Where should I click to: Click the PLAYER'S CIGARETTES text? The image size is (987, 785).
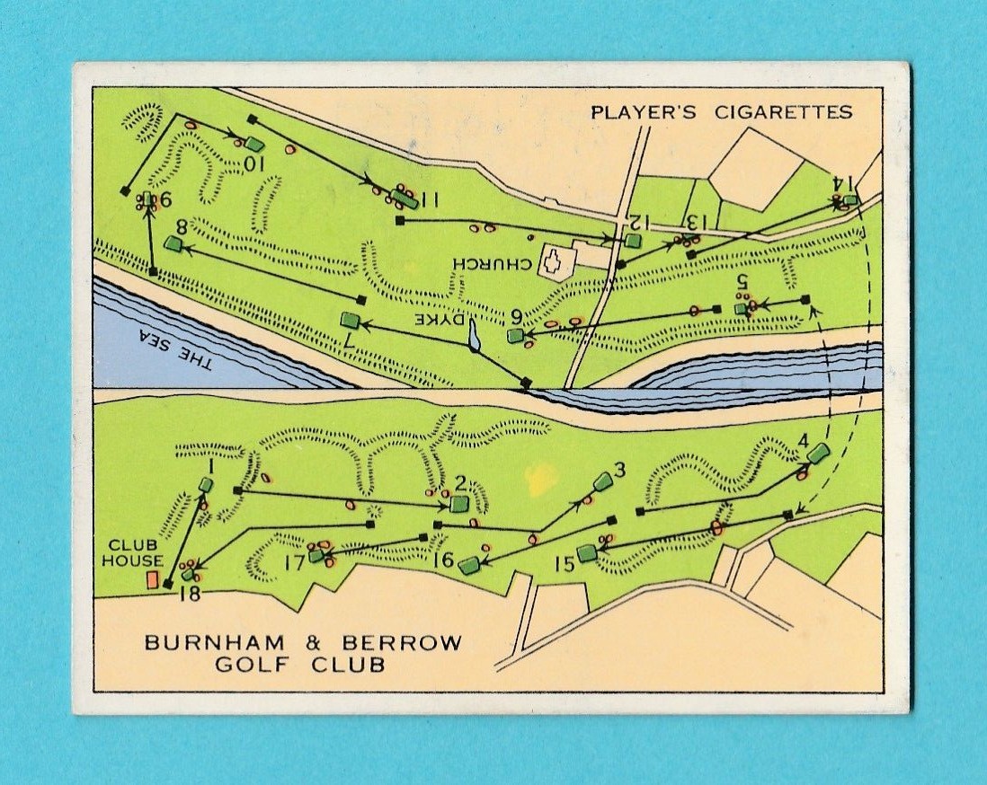coord(721,112)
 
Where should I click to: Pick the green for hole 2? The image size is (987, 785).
coord(459,504)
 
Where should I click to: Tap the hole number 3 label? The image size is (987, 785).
coord(618,470)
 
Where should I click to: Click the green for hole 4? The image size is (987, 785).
coord(817,453)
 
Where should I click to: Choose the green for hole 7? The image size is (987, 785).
coord(351,320)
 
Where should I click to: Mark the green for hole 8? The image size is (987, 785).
coord(173,243)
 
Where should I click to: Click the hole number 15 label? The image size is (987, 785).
coord(564,564)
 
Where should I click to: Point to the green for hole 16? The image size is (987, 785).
coord(468,565)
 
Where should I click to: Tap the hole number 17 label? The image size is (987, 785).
coord(293,564)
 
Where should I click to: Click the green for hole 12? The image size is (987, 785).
coord(633,241)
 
